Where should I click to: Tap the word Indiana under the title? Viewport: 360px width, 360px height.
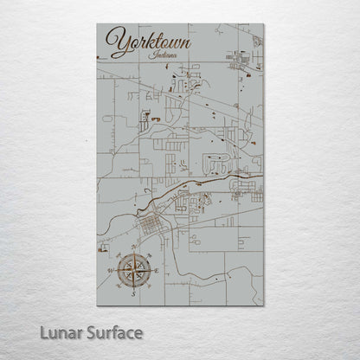(162, 55)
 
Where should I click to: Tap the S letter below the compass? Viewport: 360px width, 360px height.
(133, 294)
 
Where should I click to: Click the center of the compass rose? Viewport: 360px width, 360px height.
(133, 272)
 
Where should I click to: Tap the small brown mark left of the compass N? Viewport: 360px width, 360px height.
(118, 255)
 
